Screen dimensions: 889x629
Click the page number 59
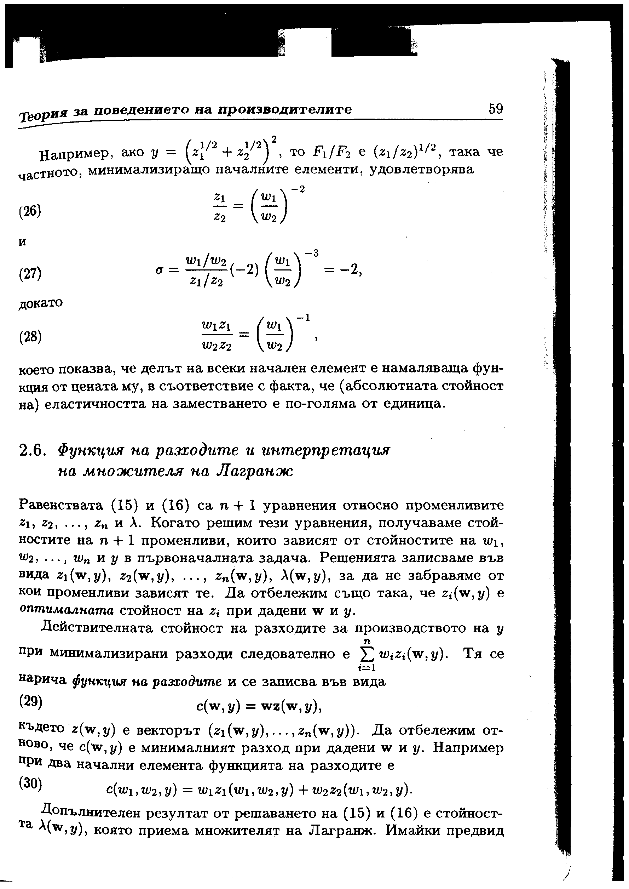click(495, 109)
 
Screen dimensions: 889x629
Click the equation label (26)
click(30, 212)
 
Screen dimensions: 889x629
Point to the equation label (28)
click(30, 336)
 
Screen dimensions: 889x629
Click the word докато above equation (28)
click(41, 302)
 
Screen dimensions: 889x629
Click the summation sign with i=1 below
click(366, 655)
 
